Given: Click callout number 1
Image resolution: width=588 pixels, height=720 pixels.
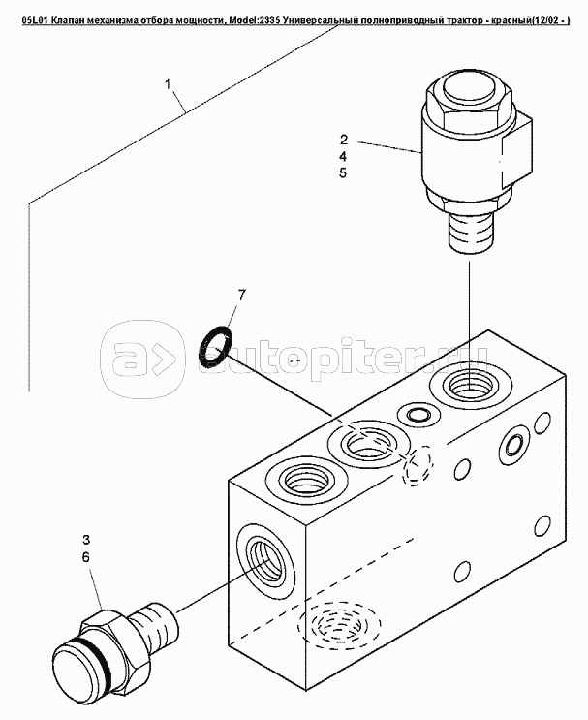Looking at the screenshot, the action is pyautogui.click(x=168, y=84).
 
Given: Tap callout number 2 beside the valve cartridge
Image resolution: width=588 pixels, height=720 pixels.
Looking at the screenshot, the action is pyautogui.click(x=344, y=140).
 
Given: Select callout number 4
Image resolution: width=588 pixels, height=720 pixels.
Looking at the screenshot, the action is pyautogui.click(x=343, y=157).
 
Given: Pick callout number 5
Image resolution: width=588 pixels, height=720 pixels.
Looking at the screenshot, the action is pyautogui.click(x=343, y=173).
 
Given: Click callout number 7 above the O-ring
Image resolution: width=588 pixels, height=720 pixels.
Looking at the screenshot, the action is pyautogui.click(x=241, y=295).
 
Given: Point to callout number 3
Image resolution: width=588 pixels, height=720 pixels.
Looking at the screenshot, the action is pyautogui.click(x=87, y=540).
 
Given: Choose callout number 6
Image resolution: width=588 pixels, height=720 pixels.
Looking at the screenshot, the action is pyautogui.click(x=86, y=557).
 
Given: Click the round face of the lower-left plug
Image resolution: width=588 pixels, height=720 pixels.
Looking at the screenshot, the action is pyautogui.click(x=78, y=674).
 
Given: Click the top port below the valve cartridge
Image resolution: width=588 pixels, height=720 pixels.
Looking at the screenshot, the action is pyautogui.click(x=471, y=386).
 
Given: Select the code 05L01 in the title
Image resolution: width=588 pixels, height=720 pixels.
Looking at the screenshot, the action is pyautogui.click(x=35, y=20).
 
